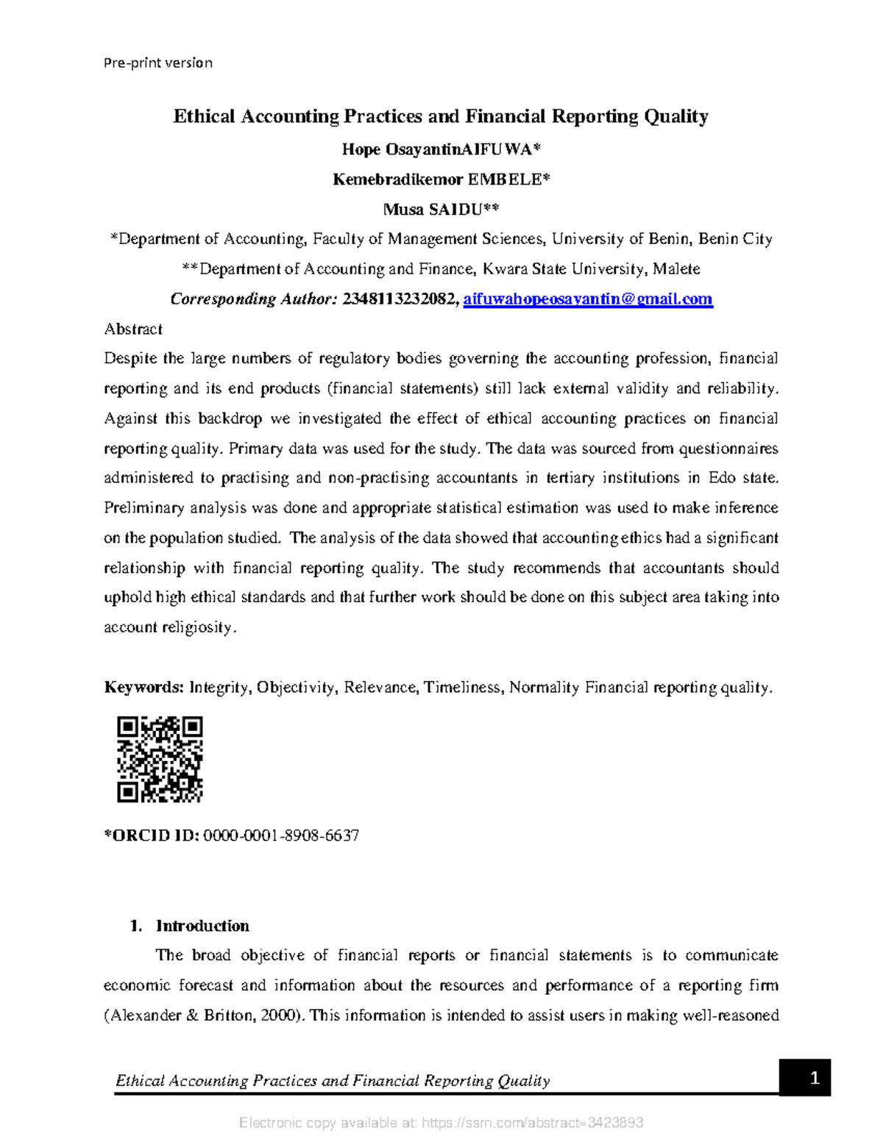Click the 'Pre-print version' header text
pos(158,63)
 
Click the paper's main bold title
pos(441,116)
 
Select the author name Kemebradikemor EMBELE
pos(441,179)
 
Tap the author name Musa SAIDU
pos(441,210)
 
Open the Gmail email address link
pos(588,299)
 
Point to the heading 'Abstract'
pos(133,329)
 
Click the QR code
pos(160,759)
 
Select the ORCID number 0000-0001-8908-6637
pos(281,835)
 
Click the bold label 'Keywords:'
pos(143,688)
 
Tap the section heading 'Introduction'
pos(202,926)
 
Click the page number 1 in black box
pos(815,1078)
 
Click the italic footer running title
pos(333,1080)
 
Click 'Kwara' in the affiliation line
pos(501,269)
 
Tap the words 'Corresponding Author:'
pos(253,299)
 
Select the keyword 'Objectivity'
pos(297,688)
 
